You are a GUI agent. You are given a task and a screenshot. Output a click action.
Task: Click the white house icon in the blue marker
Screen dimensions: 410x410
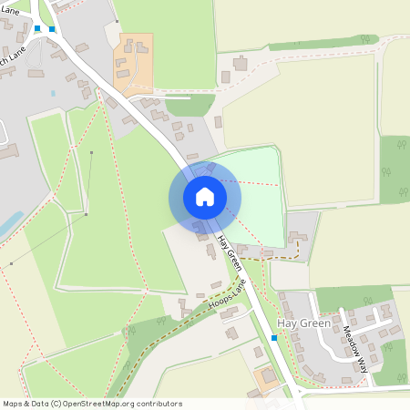click(x=205, y=196)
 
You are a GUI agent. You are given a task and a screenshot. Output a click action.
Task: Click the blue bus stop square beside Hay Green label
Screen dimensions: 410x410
click(x=274, y=338)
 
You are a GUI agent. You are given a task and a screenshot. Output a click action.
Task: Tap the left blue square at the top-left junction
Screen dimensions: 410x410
click(x=37, y=28)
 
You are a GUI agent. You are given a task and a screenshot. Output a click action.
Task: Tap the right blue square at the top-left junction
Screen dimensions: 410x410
click(x=52, y=29)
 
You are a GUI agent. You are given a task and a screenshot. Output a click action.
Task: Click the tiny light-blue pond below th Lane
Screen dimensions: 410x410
click(x=53, y=93)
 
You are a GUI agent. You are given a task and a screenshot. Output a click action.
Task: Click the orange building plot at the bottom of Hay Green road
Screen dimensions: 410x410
click(x=267, y=376)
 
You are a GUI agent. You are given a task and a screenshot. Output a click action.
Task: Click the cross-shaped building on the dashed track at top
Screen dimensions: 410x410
click(x=241, y=63)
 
